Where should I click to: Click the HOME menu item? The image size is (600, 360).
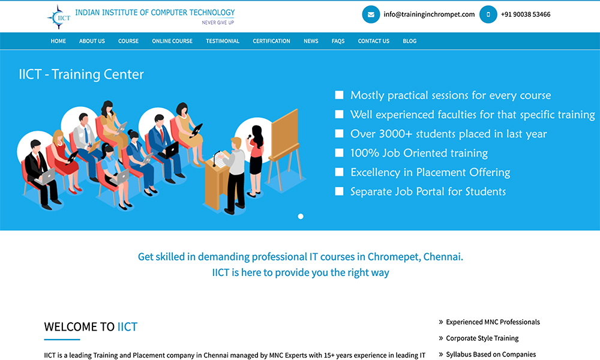pyautogui.click(x=58, y=41)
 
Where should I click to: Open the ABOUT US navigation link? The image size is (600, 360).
pyautogui.click(x=92, y=41)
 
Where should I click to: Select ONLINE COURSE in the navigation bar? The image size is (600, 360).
pyautogui.click(x=172, y=41)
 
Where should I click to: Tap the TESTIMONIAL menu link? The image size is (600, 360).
pyautogui.click(x=223, y=41)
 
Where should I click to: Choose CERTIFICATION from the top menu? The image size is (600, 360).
pyautogui.click(x=271, y=41)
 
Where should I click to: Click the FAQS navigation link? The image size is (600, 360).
pyautogui.click(x=338, y=41)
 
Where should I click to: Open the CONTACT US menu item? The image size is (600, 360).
pyautogui.click(x=373, y=41)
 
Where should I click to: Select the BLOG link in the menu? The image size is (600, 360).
pyautogui.click(x=409, y=41)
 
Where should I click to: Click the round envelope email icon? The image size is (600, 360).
pyautogui.click(x=371, y=14)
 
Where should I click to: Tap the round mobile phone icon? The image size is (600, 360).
pyautogui.click(x=488, y=14)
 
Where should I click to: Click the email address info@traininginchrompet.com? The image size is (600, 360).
pyautogui.click(x=429, y=14)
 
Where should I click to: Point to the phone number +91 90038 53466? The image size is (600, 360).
pyautogui.click(x=526, y=14)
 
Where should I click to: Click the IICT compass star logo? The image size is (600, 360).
pyautogui.click(x=59, y=17)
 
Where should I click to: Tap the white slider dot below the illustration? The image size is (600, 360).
pyautogui.click(x=301, y=217)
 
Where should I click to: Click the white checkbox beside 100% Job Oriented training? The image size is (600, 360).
pyautogui.click(x=339, y=152)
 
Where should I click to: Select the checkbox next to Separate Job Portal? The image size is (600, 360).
pyautogui.click(x=339, y=191)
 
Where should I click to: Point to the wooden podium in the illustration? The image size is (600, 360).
pyautogui.click(x=217, y=183)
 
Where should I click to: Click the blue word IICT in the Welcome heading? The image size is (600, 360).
pyautogui.click(x=127, y=327)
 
